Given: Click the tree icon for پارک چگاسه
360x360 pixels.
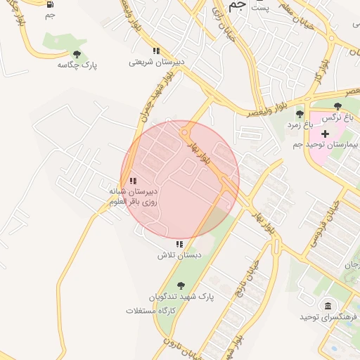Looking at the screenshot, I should [x=77, y=54].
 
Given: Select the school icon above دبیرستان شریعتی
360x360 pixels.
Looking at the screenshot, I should [x=156, y=51].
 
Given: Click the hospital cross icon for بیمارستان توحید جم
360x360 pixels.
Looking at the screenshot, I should [x=325, y=133].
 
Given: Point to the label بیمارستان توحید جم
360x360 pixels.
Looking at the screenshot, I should [x=326, y=144].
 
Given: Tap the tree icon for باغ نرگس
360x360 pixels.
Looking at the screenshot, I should [x=337, y=106].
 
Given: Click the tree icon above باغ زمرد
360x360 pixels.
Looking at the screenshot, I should [x=300, y=113].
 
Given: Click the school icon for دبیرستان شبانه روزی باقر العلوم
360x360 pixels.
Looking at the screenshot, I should [x=133, y=181].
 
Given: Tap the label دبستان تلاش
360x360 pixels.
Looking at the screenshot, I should [x=174, y=255].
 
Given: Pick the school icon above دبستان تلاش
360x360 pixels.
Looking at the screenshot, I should [x=179, y=244].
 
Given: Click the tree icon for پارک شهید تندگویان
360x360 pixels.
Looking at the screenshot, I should [x=181, y=285].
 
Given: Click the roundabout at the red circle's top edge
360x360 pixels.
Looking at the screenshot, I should [x=185, y=131].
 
